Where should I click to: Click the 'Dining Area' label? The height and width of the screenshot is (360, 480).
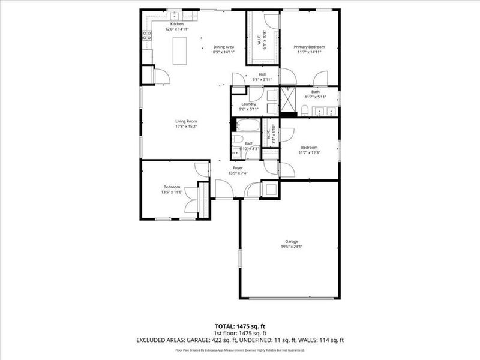[223, 47]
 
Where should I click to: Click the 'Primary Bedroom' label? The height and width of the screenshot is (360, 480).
[309, 47]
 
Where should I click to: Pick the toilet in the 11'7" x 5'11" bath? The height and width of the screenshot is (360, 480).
[305, 109]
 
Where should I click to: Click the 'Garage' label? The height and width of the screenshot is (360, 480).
[292, 241]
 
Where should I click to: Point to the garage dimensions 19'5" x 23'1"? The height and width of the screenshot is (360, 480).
[292, 247]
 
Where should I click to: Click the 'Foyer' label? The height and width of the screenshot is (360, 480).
[238, 168]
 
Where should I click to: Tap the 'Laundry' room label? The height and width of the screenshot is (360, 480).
[248, 104]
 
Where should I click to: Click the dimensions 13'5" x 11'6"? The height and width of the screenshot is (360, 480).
[172, 193]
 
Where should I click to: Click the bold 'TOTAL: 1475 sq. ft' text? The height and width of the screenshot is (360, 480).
[240, 326]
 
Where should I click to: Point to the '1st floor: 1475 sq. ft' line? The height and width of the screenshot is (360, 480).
[240, 332]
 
